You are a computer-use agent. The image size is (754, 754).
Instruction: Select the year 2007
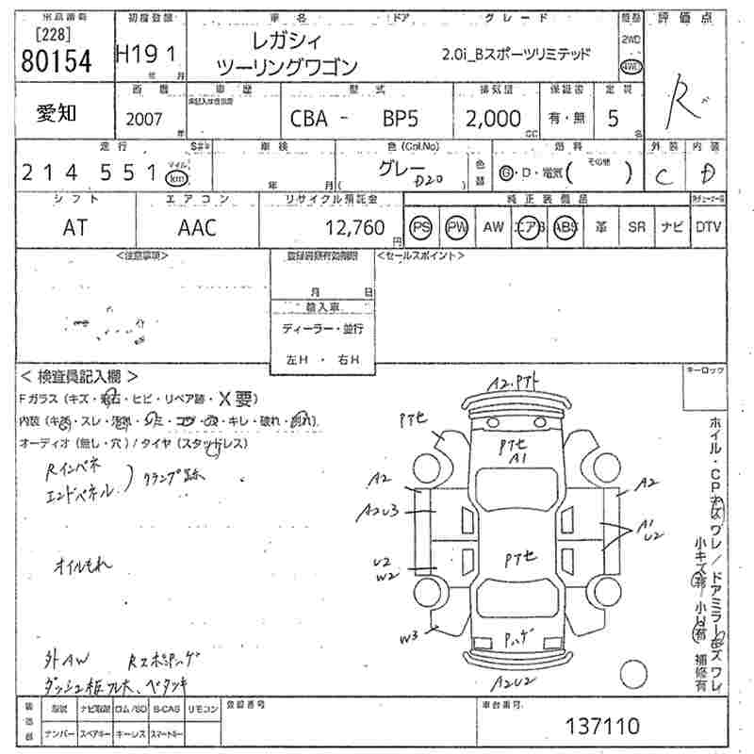(141, 120)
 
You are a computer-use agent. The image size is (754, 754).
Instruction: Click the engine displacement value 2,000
(492, 119)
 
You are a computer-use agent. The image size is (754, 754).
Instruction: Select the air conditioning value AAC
(197, 227)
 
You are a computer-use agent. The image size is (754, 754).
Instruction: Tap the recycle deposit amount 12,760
(355, 227)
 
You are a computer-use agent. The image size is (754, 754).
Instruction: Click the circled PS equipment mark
(421, 227)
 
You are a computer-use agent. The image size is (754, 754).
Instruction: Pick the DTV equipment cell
(708, 227)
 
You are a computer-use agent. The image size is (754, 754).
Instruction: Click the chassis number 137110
(602, 726)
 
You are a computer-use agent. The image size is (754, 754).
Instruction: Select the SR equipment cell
(636, 227)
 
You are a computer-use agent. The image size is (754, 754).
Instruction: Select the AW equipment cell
(493, 227)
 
